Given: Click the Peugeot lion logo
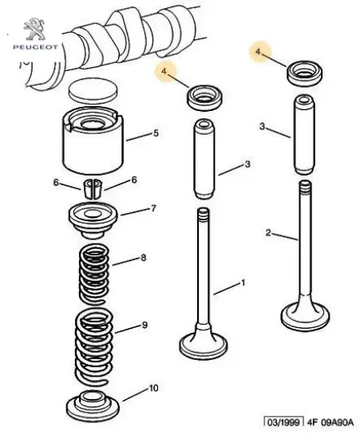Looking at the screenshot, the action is pos(34,29).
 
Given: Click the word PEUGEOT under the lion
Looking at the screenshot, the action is pos(35,47).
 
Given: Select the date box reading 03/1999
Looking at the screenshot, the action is pos(284,422).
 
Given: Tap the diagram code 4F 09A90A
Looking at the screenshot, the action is pos(330,422).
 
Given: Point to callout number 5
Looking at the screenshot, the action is pos(156,133).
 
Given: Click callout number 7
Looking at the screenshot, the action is pos(153,208).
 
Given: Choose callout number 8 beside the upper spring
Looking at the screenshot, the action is pos(144,257).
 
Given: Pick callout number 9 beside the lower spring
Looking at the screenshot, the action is pos(144,325).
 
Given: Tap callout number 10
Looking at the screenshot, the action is pos(153,388).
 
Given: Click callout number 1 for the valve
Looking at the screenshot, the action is pos(243,283).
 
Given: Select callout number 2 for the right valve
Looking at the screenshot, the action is pos(268,232).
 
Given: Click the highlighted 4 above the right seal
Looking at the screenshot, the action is pos(258,52).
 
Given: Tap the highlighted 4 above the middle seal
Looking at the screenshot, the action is pos(164,71).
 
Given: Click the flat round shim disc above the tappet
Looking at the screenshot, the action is pos(93,91).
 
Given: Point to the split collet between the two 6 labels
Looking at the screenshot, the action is pos(93,188).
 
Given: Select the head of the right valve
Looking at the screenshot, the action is pos(305,316).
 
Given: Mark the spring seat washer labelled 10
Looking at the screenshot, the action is pos(93,405).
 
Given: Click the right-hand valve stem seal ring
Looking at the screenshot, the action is pos(305,73).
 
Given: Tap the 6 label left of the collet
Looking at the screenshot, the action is pos(56,183).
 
